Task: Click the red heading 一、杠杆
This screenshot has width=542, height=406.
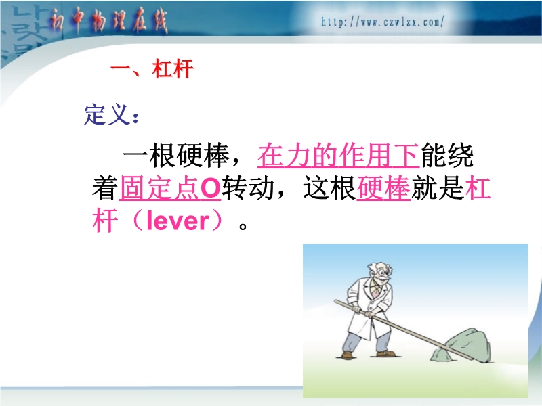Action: (x=152, y=69)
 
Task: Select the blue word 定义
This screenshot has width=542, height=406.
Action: (x=107, y=114)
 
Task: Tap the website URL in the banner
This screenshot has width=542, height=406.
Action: (x=382, y=22)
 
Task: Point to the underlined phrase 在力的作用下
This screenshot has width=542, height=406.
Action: (x=338, y=156)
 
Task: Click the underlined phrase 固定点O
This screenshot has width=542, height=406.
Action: (x=170, y=189)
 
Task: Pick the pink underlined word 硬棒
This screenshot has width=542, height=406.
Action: (x=383, y=189)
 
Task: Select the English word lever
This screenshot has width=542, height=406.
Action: (x=178, y=221)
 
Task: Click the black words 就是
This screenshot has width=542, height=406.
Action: (x=438, y=188)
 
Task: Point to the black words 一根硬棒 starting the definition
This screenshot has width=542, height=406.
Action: (x=176, y=156)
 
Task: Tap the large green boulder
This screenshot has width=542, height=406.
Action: (x=468, y=345)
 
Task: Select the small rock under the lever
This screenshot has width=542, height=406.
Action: (x=439, y=355)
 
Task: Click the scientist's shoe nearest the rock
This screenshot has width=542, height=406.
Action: (x=385, y=354)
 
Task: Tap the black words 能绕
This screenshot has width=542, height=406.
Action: (x=446, y=156)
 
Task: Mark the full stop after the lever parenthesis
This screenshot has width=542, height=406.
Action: (x=243, y=227)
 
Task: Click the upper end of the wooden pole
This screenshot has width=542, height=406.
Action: (x=335, y=302)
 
